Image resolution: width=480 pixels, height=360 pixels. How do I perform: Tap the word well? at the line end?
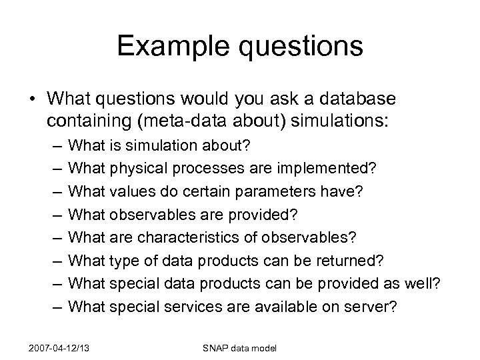[x=423, y=284]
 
